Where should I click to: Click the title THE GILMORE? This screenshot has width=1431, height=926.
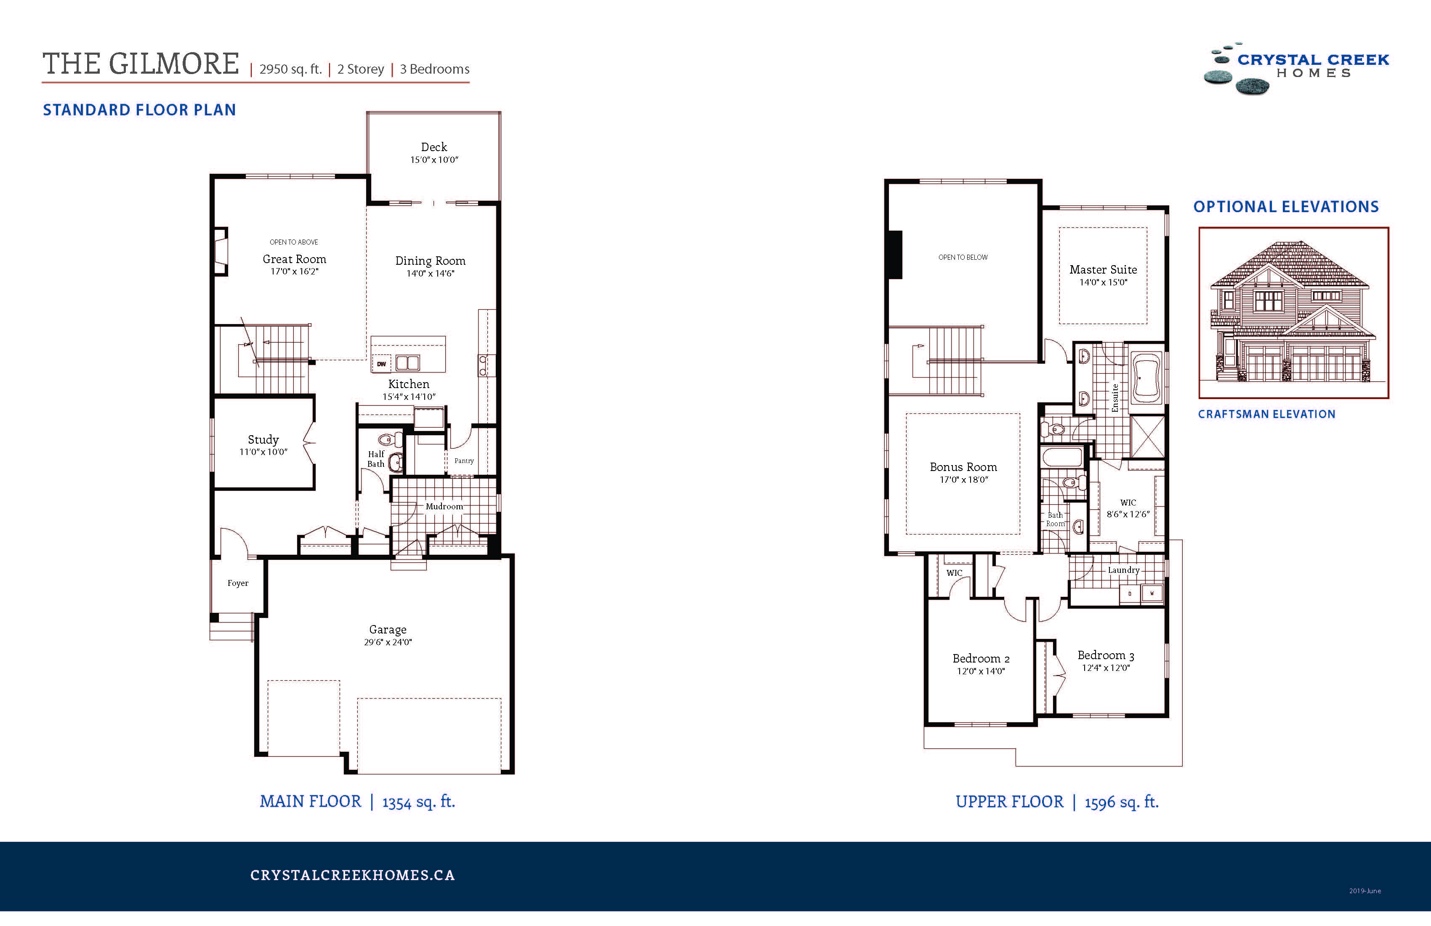pos(141,64)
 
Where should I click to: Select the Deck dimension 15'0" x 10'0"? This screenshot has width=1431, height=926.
pos(434,160)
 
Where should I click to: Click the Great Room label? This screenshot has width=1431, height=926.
pos(294,259)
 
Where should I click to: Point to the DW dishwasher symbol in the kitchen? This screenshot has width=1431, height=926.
pos(381,364)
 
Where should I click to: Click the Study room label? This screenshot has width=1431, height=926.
pos(263,439)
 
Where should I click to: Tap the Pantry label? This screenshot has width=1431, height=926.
pos(463,460)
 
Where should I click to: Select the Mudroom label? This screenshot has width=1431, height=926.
pos(444,506)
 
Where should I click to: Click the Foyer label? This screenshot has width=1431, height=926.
pos(237,583)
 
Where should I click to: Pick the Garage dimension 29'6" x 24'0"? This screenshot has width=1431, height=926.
pos(388,642)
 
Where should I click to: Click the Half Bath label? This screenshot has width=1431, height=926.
pos(376,459)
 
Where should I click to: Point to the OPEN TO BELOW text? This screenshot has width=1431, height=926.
pos(963,257)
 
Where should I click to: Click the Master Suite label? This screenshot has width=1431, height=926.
pos(1103,269)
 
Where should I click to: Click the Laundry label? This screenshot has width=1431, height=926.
pos(1123,570)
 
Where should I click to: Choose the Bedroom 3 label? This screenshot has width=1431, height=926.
pos(1105,655)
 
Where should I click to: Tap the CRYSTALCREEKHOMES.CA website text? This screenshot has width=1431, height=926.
pos(352,875)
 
